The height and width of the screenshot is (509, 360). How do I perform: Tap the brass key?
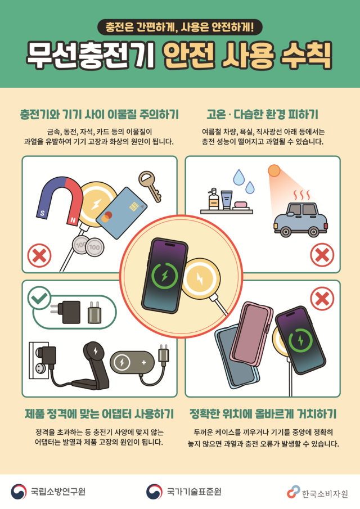(148, 186)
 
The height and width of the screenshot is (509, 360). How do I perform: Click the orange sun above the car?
(274, 170)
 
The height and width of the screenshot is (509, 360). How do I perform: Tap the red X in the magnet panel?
(39, 257)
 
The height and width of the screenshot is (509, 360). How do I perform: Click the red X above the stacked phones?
(322, 298)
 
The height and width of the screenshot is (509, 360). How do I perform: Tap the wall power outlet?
(36, 359)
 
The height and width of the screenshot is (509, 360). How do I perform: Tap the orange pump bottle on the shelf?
(214, 199)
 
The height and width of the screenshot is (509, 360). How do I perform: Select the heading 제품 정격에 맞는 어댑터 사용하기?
(99, 415)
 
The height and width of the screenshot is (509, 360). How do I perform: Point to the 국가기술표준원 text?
(194, 492)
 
